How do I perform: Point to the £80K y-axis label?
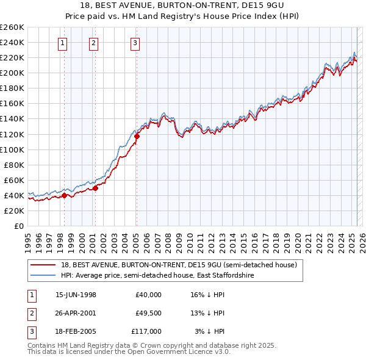[13, 165]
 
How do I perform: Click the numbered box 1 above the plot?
[63, 43]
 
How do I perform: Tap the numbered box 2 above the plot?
[93, 43]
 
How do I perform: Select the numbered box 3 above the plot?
[135, 43]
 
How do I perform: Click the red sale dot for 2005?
[137, 136]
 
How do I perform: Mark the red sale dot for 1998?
[65, 195]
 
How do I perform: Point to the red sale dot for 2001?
[96, 188]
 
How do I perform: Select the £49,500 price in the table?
[148, 313]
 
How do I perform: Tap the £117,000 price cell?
[146, 331]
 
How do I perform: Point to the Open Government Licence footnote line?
[129, 352]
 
